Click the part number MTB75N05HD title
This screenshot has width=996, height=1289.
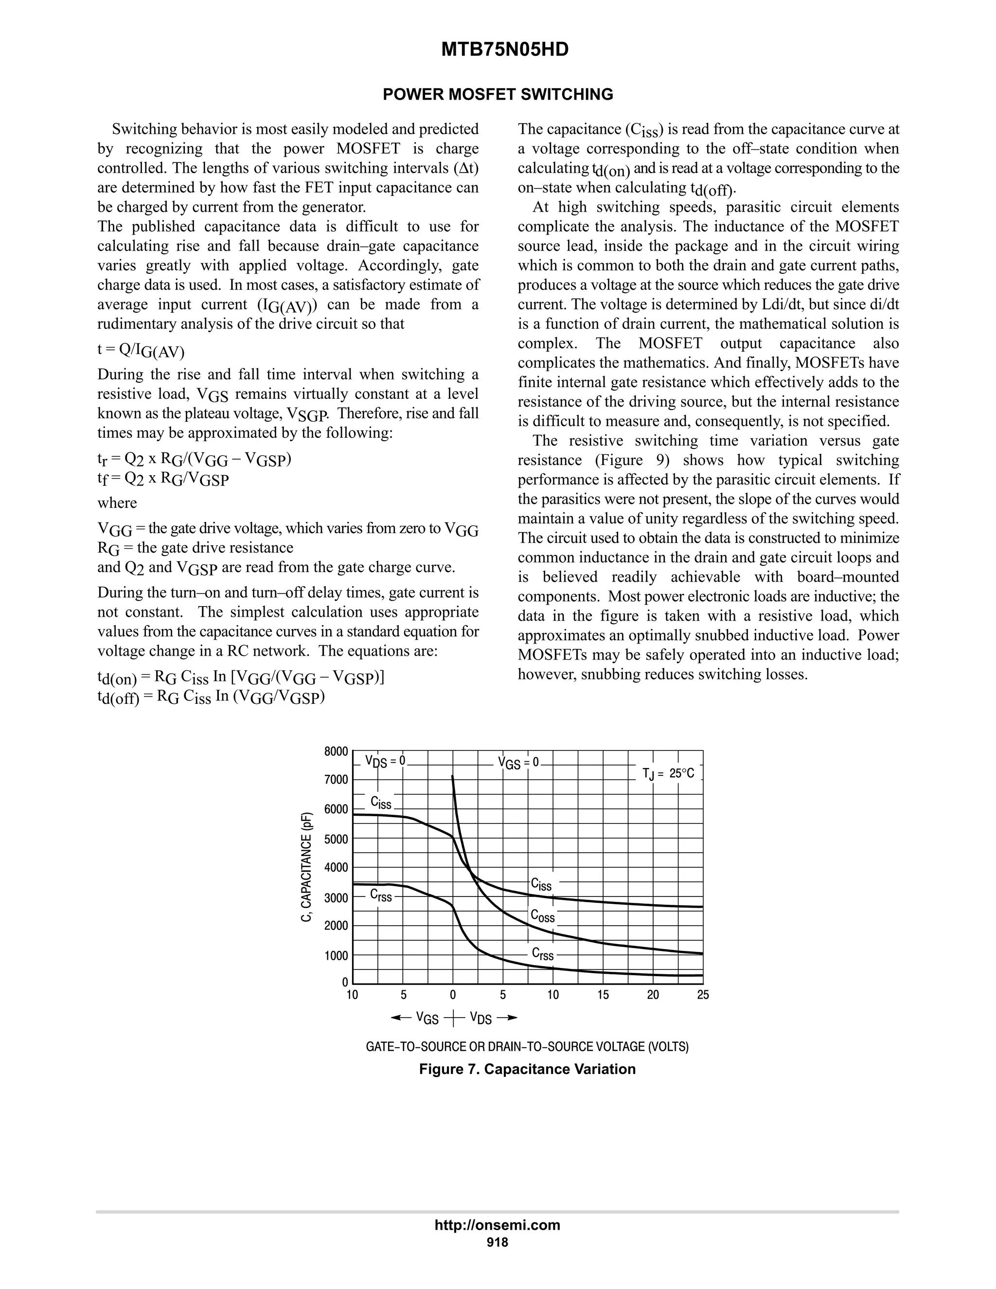pyautogui.click(x=504, y=50)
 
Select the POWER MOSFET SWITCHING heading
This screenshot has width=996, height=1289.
pyautogui.click(x=498, y=94)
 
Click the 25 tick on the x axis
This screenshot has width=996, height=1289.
pyautogui.click(x=703, y=995)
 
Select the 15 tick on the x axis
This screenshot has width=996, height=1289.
pyautogui.click(x=603, y=995)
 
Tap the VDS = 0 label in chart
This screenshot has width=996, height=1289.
pyautogui.click(x=385, y=761)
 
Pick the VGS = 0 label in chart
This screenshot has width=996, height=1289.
pyautogui.click(x=518, y=763)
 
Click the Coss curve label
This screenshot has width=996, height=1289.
pyautogui.click(x=542, y=915)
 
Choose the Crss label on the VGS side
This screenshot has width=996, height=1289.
pyautogui.click(x=381, y=895)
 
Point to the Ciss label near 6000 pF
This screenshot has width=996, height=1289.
pyautogui.click(x=381, y=803)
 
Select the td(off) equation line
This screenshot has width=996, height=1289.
pyautogui.click(x=211, y=697)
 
